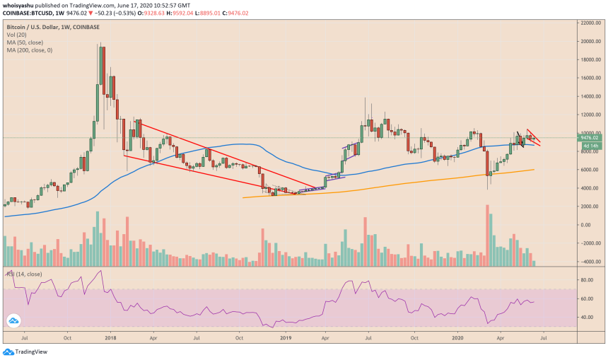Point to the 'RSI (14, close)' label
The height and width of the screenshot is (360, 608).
pyautogui.click(x=25, y=273)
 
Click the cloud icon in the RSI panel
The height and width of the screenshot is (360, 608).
pyautogui.click(x=13, y=321)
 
